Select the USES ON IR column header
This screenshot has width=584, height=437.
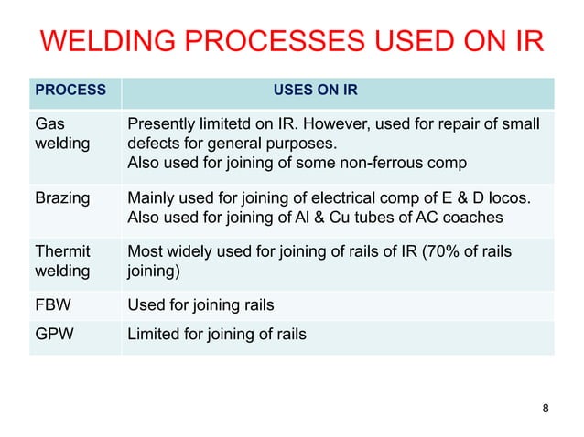pyautogui.click(x=315, y=91)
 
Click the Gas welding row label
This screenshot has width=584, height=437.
pyautogui.click(x=57, y=134)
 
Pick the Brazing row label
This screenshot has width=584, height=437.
pyautogui.click(x=61, y=197)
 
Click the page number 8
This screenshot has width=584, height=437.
pyautogui.click(x=546, y=408)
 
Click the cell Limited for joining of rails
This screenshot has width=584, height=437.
pyautogui.click(x=217, y=335)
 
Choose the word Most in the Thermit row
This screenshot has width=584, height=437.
pyautogui.click(x=145, y=251)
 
